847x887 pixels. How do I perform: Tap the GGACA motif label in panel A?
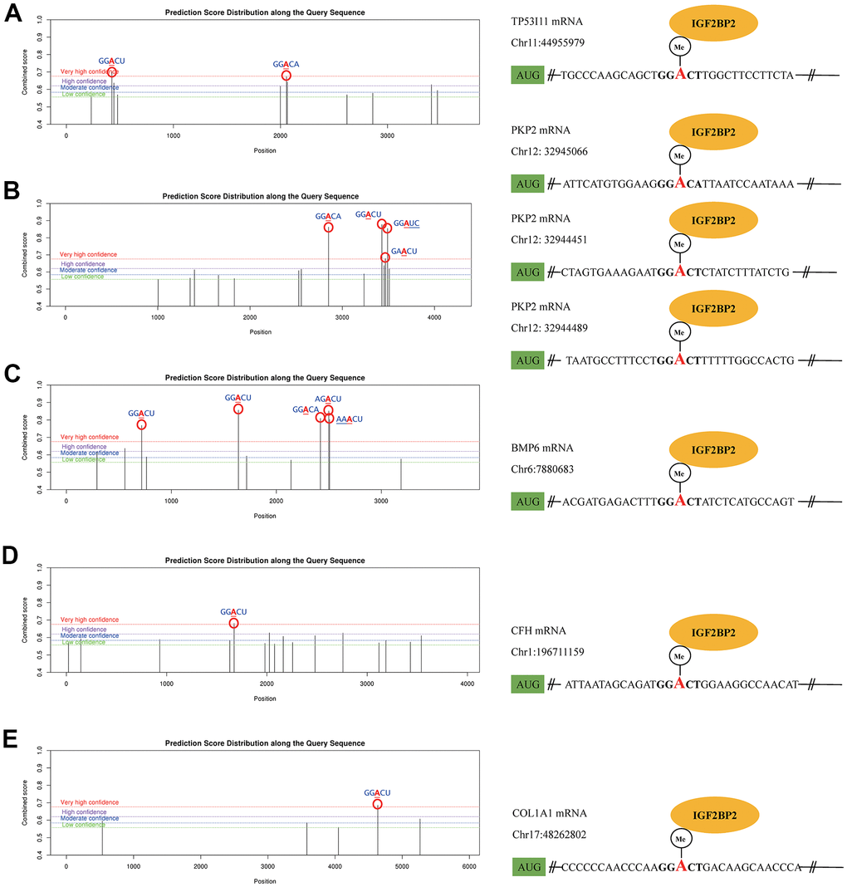click(286, 64)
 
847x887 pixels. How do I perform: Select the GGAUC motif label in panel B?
click(407, 223)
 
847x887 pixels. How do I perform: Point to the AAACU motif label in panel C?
click(349, 419)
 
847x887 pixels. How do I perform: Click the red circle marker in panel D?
click(233, 623)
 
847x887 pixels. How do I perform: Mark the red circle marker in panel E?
click(378, 804)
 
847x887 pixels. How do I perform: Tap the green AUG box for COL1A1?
click(527, 867)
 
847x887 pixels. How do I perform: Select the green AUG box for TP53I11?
click(527, 76)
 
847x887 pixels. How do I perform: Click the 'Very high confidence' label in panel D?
click(89, 620)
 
